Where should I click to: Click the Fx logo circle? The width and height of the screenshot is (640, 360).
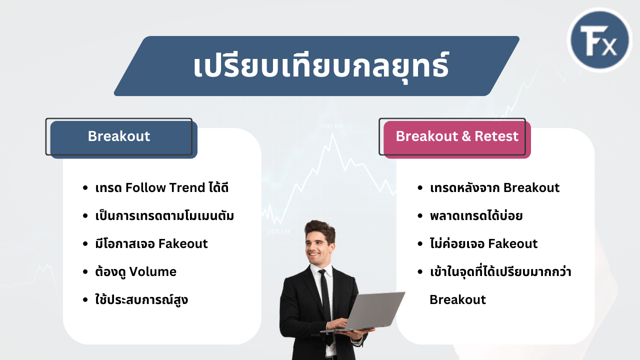(x=599, y=39)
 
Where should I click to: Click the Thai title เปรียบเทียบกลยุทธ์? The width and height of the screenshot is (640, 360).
(x=321, y=66)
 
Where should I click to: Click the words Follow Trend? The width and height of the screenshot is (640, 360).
(x=165, y=187)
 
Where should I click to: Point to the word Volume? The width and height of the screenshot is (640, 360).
(x=153, y=271)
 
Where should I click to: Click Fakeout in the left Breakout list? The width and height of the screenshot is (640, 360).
(x=183, y=243)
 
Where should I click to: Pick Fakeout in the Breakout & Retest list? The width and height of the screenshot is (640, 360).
(x=512, y=243)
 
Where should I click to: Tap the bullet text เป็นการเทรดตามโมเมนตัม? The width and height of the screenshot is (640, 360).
(x=164, y=215)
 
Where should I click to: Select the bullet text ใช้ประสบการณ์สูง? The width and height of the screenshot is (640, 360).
(x=141, y=299)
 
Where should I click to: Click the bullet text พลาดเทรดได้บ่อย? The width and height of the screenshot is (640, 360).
(x=476, y=215)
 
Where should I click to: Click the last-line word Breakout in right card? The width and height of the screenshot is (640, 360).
(x=457, y=299)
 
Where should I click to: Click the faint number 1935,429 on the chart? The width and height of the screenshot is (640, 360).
(x=331, y=126)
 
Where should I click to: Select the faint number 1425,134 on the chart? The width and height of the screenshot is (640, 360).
(x=278, y=231)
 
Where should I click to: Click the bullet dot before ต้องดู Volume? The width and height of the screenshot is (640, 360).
(x=85, y=271)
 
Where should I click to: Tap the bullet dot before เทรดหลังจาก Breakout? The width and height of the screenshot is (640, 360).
(x=420, y=187)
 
